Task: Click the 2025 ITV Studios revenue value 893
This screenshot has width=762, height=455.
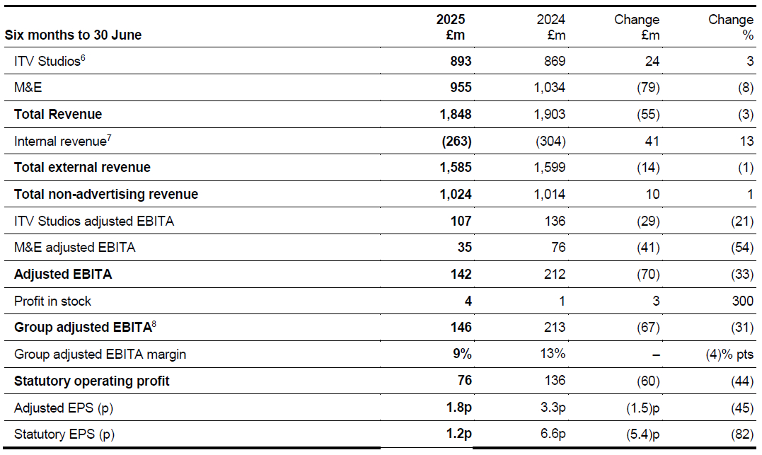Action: (461, 62)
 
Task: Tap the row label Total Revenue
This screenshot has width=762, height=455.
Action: (58, 114)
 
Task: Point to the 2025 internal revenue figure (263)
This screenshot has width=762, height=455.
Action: (456, 141)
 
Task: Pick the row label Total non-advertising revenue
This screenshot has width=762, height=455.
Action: (106, 195)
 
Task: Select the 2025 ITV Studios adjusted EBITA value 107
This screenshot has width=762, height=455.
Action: (461, 221)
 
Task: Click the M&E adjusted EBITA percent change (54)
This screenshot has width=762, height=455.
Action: (742, 248)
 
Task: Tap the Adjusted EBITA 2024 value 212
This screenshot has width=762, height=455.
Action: (555, 274)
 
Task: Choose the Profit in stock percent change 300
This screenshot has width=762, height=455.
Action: (743, 301)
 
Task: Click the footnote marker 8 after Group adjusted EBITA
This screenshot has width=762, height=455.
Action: (154, 323)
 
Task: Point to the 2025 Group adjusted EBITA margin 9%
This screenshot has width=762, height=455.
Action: (462, 353)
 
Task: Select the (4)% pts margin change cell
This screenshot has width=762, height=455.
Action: (729, 355)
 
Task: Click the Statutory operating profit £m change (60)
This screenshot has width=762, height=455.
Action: (648, 381)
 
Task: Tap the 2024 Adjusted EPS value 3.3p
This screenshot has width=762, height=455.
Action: (553, 408)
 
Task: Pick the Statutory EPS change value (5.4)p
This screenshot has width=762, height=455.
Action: (643, 434)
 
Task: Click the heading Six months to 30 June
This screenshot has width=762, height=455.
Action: (73, 35)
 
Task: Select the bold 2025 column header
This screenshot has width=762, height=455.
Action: (451, 19)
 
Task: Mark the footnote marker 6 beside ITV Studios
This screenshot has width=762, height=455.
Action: (83, 58)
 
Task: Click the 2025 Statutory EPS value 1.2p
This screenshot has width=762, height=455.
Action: (459, 434)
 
